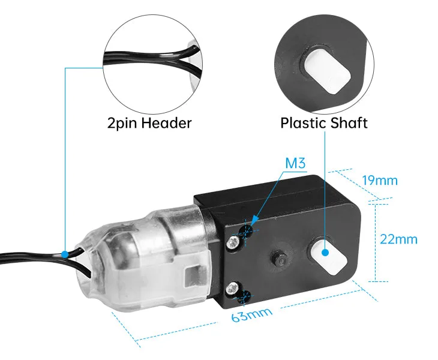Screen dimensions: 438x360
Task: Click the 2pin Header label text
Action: (x=149, y=123)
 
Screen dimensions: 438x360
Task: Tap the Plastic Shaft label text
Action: (x=324, y=123)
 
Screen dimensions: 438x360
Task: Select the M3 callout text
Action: (x=295, y=163)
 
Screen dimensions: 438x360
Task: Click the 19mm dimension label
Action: (x=380, y=181)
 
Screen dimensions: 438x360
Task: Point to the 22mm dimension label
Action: (x=398, y=239)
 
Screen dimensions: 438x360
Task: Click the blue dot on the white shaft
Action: (x=325, y=253)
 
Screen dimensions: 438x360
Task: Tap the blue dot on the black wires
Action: (x=65, y=255)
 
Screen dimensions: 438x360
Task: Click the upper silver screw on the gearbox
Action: (x=233, y=241)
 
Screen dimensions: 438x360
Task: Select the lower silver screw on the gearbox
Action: (x=233, y=288)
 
